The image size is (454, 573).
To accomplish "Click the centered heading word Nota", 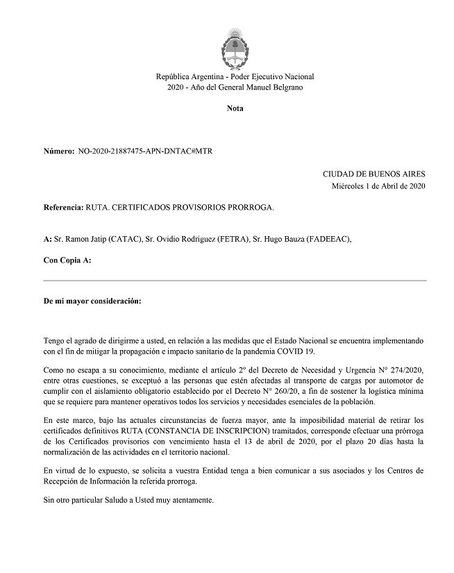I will pyautogui.click(x=235, y=108).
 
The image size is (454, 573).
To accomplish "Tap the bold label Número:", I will pyautogui.click(x=58, y=151).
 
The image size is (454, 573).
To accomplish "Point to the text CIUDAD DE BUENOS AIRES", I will pyautogui.click(x=374, y=174).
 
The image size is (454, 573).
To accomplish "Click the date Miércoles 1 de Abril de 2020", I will pyautogui.click(x=378, y=186).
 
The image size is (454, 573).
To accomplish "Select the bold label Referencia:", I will pyautogui.click(x=63, y=208).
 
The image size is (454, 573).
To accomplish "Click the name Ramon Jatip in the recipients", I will pyautogui.click(x=84, y=239).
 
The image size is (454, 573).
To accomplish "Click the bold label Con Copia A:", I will pyautogui.click(x=67, y=260).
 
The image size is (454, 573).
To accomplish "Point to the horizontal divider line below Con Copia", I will pyautogui.click(x=235, y=281).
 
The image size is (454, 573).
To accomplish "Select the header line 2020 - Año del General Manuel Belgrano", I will pyautogui.click(x=235, y=88).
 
